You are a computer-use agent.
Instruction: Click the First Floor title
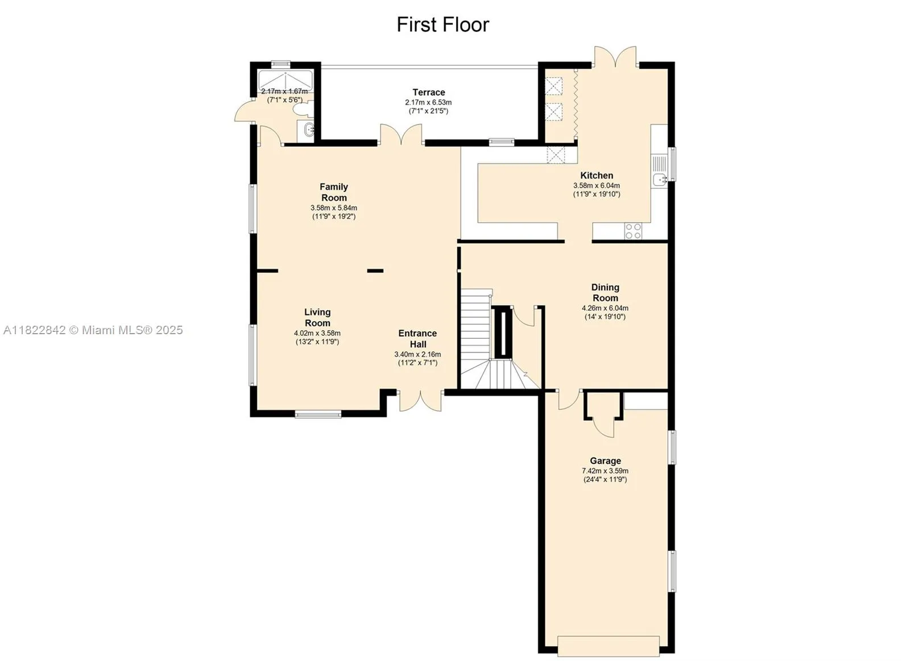coord(442,24)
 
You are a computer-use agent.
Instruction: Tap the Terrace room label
coord(429,92)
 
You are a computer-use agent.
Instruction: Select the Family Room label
coord(333,192)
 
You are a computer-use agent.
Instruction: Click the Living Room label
coord(317,317)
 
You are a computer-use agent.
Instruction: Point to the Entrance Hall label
coord(417,339)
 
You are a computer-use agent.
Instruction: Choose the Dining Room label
coord(605,293)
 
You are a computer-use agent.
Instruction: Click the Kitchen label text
coord(597,176)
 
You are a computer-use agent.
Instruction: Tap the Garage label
coord(605,461)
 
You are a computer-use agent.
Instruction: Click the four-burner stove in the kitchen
coord(634,231)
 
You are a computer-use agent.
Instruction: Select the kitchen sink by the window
coord(660,180)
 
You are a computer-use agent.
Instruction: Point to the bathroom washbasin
coord(308,130)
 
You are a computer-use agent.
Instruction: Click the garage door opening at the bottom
coord(609,646)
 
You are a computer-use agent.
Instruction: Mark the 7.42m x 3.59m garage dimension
coord(605,471)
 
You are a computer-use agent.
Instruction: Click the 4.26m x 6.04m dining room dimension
coord(605,308)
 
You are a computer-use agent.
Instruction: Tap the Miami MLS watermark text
coord(93,330)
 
